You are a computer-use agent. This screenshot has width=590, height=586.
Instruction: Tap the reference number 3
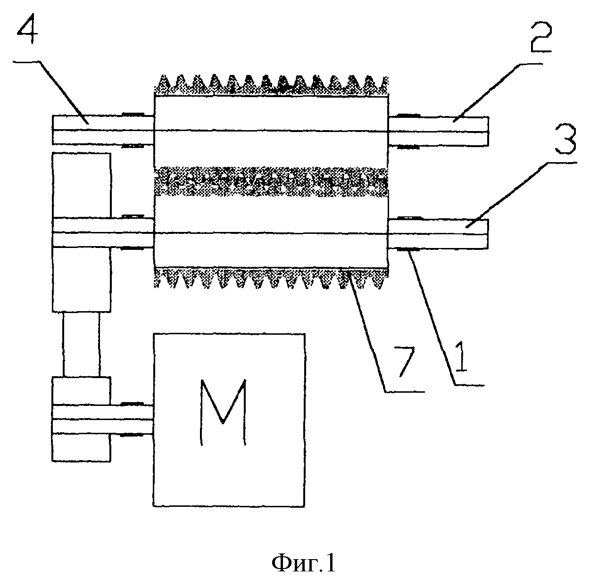565,139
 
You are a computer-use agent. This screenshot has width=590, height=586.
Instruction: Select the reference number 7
404,361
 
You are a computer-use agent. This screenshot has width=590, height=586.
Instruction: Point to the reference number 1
461,356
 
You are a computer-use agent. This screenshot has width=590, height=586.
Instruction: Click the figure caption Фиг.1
303,564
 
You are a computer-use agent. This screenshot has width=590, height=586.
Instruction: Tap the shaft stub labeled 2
438,131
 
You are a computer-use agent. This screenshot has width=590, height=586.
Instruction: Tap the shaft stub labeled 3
438,234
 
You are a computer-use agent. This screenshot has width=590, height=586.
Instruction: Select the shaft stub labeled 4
103,130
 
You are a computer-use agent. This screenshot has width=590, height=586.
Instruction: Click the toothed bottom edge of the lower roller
271,278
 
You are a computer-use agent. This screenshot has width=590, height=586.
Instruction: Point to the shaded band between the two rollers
271,182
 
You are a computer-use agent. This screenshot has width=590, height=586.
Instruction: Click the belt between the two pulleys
82,344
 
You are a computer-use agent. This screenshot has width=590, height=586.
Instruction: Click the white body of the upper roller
271,132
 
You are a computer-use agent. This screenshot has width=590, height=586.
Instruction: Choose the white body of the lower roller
271,231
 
